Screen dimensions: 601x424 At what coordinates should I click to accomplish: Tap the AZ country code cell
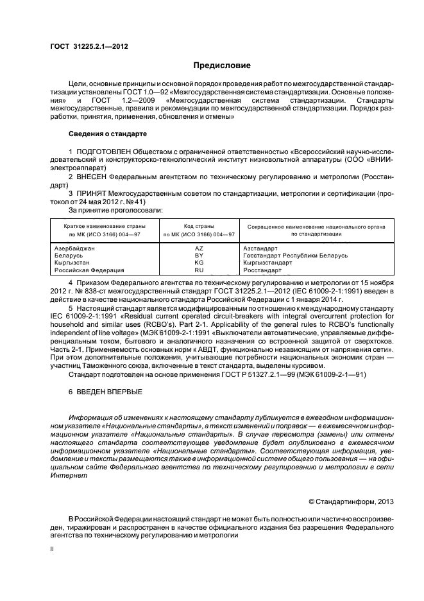[x=198, y=247]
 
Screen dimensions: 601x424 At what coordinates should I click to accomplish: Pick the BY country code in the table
[x=198, y=255]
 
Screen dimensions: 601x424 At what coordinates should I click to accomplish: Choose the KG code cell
[x=198, y=263]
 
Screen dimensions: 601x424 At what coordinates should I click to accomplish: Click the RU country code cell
[x=198, y=270]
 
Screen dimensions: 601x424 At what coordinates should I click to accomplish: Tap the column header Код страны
[x=198, y=226]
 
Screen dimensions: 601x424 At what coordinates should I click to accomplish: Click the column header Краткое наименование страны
[x=104, y=226]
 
